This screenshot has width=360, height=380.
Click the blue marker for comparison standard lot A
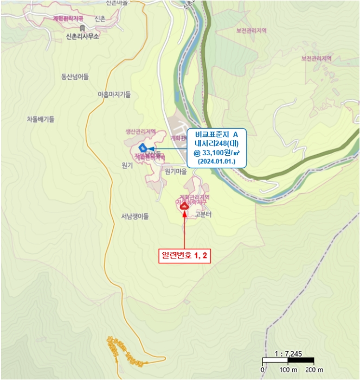[x=143, y=147]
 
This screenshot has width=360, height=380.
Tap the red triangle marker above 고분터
[x=184, y=206]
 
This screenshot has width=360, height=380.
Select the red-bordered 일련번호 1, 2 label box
[x=184, y=256]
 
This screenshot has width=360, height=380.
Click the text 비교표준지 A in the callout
[x=216, y=134]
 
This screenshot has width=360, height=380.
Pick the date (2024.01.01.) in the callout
[x=216, y=161]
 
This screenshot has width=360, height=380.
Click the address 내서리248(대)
[x=216, y=143]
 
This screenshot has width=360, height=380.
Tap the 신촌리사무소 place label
[x=82, y=37]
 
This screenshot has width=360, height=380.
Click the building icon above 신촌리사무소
[x=82, y=28]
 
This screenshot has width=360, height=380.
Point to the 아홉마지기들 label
[x=114, y=94]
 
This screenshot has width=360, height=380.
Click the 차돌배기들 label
[x=41, y=119]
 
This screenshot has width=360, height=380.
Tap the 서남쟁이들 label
[x=135, y=216]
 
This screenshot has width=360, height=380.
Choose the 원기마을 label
[x=175, y=171]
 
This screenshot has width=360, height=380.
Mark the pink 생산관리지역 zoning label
[x=140, y=132]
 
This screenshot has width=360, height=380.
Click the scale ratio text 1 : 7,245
[x=288, y=353]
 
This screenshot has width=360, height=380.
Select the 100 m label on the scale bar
[x=288, y=370]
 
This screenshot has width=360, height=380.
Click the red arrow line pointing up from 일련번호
[x=184, y=231]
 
